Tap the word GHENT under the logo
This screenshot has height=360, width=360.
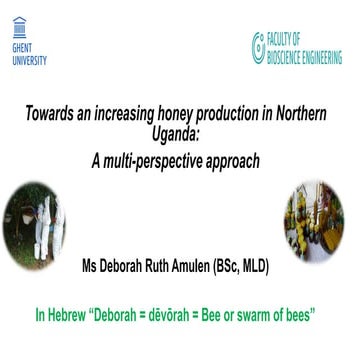(x=19, y=50)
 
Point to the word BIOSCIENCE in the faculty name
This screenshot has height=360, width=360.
(x=292, y=49)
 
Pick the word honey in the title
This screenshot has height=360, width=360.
(x=173, y=113)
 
